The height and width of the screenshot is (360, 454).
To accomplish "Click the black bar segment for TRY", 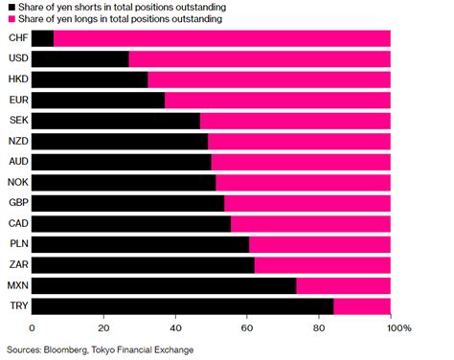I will [x=182, y=305].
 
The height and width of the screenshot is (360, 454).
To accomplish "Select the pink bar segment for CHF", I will [x=221, y=38].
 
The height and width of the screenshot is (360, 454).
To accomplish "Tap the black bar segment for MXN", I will [x=164, y=285].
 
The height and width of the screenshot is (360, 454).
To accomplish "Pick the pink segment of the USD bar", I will [x=259, y=59].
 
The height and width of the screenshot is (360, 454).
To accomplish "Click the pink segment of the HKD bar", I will [x=268, y=79].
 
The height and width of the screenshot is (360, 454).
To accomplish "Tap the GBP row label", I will [x=16, y=203].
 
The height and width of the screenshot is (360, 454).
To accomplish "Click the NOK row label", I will [x=16, y=182].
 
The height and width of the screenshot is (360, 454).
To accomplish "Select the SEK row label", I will [x=16, y=121].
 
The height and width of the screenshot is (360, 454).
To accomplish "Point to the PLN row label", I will [x=16, y=244].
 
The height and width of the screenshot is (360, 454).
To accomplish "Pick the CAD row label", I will [x=16, y=223].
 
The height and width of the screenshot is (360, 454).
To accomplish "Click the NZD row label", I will [x=16, y=141].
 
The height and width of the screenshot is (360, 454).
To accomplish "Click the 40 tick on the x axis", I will [x=175, y=328].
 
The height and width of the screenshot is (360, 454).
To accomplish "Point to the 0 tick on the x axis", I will [x=33, y=328].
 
